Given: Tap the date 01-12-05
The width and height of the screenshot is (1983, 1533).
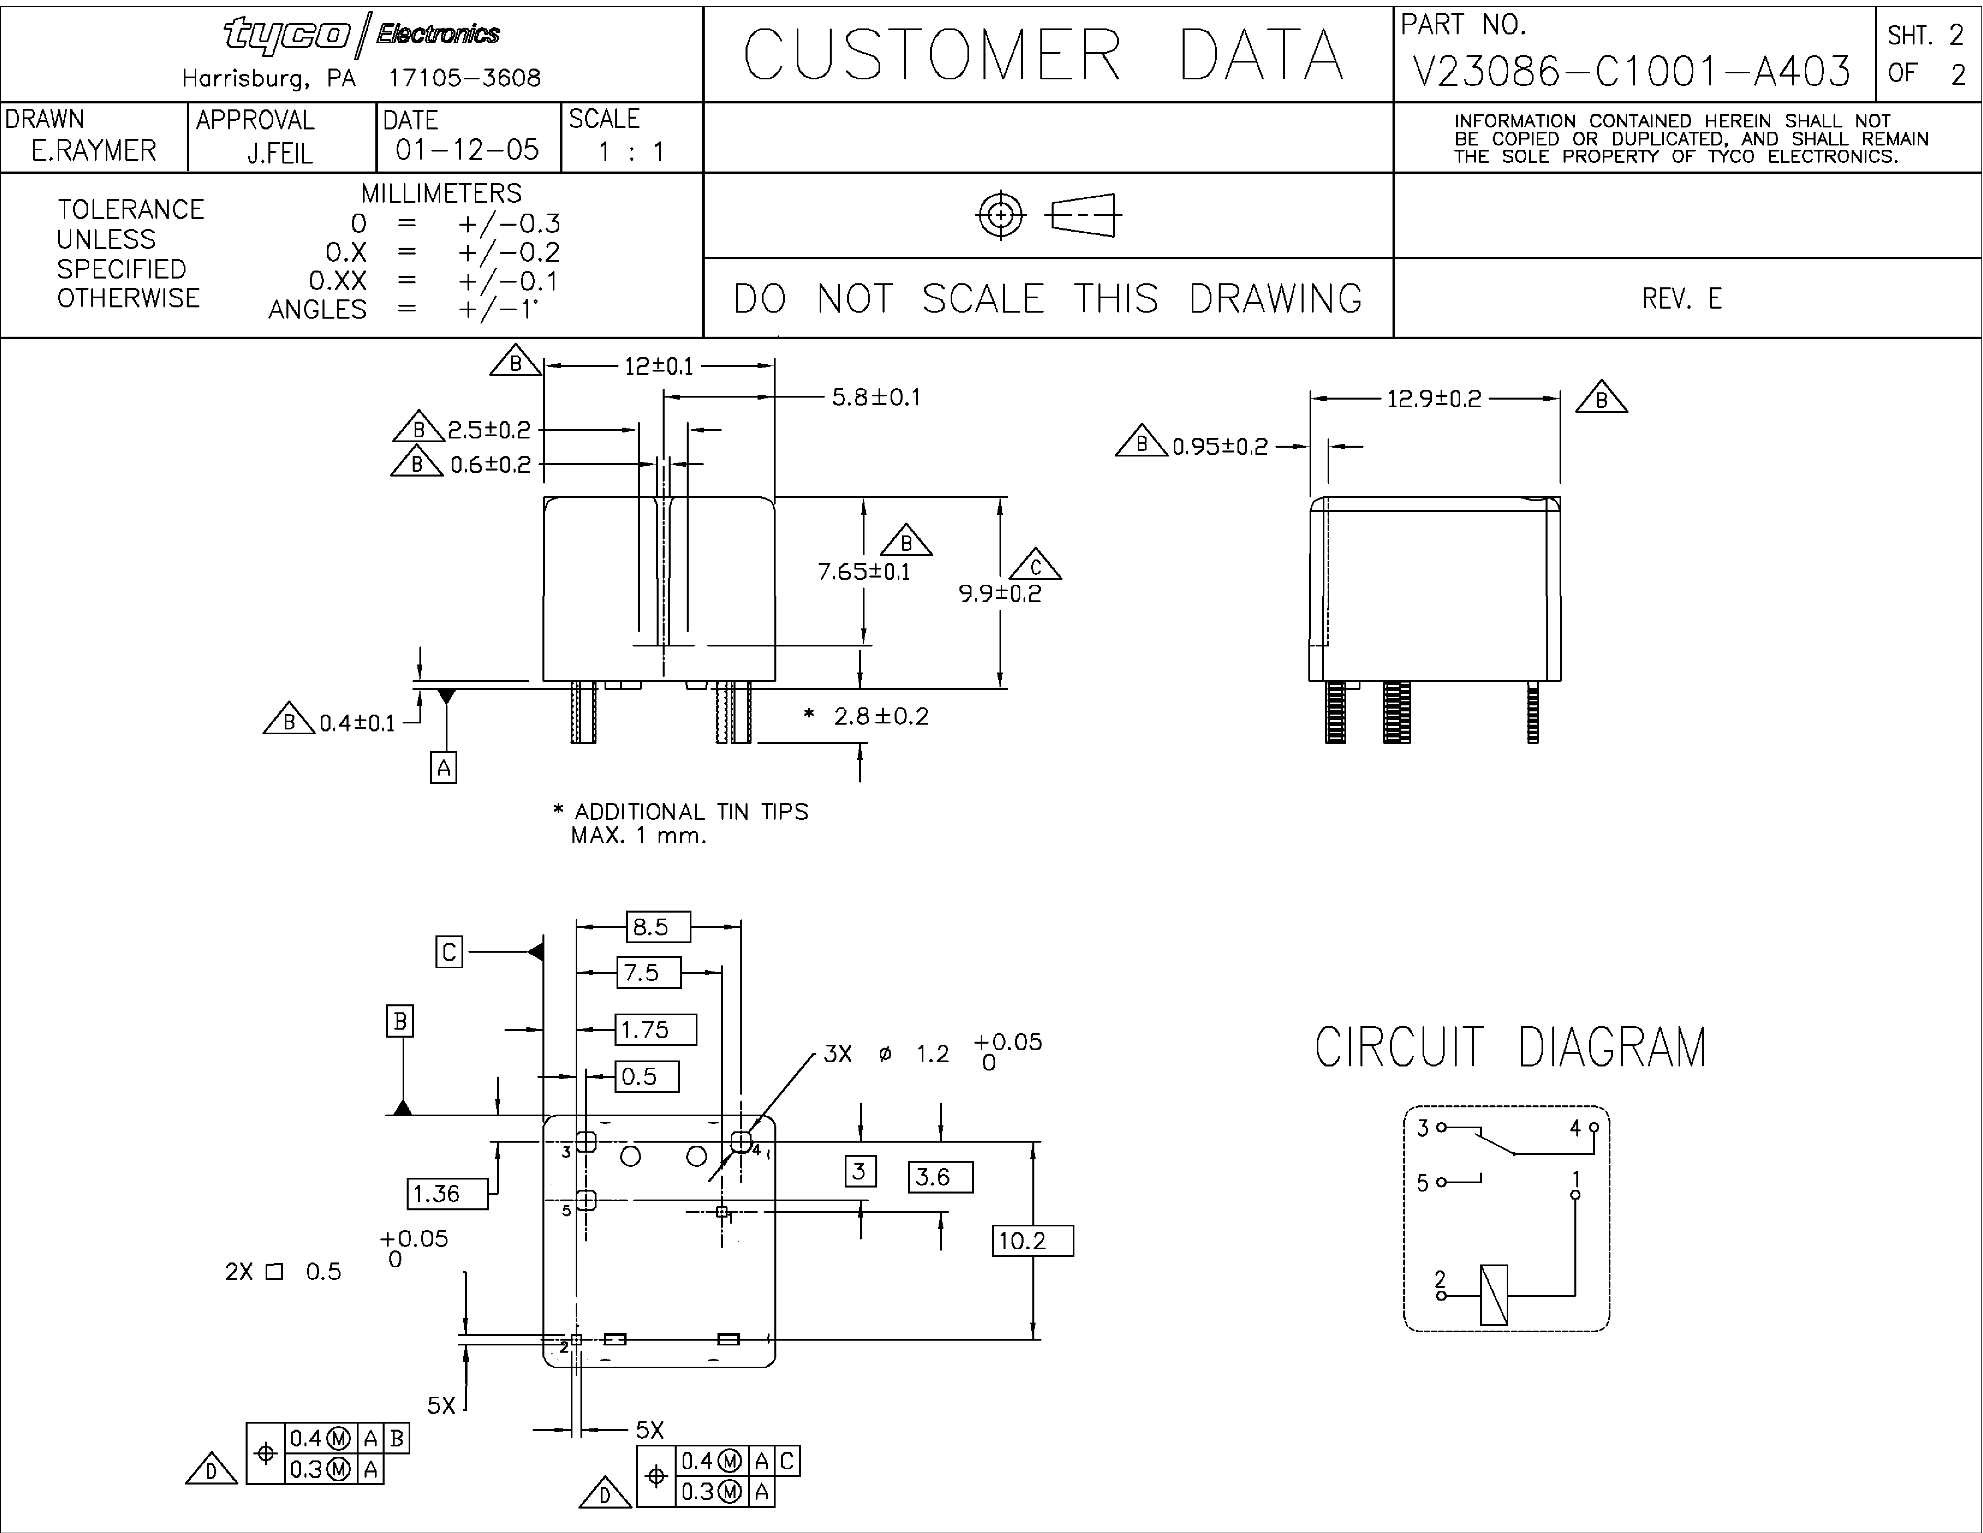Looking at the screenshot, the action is pyautogui.click(x=468, y=150).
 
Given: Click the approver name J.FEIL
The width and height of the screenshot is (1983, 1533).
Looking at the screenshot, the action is pyautogui.click(x=280, y=154).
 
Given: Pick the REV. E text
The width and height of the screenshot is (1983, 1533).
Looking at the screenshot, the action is pyautogui.click(x=1682, y=299).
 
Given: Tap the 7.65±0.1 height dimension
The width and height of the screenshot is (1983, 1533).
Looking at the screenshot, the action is pyautogui.click(x=863, y=571).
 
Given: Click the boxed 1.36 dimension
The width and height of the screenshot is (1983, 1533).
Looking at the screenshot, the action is pyautogui.click(x=447, y=1194).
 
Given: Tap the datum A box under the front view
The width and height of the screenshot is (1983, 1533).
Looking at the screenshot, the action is pyautogui.click(x=443, y=768).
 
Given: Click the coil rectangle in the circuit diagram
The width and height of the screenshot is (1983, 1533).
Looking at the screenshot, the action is pyautogui.click(x=1493, y=1294).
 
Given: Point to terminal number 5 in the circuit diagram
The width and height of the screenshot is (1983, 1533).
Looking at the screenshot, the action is pyautogui.click(x=1423, y=1182).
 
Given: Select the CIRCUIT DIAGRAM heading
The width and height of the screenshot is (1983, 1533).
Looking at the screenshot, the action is pyautogui.click(x=1511, y=1047).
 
